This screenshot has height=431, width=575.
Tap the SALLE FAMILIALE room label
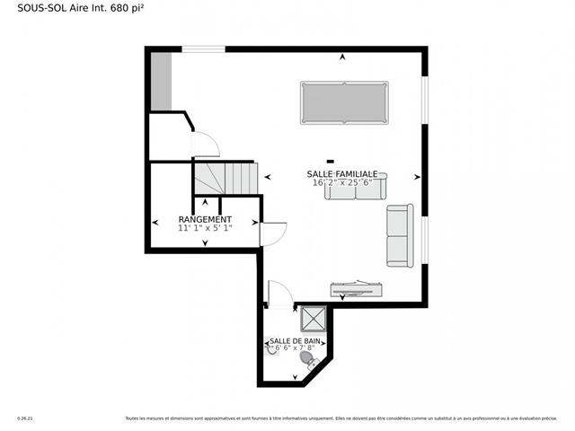[x=342, y=173]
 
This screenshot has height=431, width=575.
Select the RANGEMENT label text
[x=205, y=219]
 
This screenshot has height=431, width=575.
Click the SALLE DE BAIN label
[x=295, y=341]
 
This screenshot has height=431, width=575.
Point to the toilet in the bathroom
[x=308, y=360]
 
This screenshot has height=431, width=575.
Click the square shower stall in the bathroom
[x=314, y=319]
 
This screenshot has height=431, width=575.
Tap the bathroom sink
[x=272, y=350]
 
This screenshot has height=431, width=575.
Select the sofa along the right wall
[x=400, y=235]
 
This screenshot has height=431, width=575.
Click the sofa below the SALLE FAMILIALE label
[x=356, y=188]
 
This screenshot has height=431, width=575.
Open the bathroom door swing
[x=279, y=295]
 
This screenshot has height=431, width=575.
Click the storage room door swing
[x=272, y=233]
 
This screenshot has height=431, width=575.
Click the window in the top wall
[x=203, y=49]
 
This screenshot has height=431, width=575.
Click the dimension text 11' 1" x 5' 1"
[x=205, y=228]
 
